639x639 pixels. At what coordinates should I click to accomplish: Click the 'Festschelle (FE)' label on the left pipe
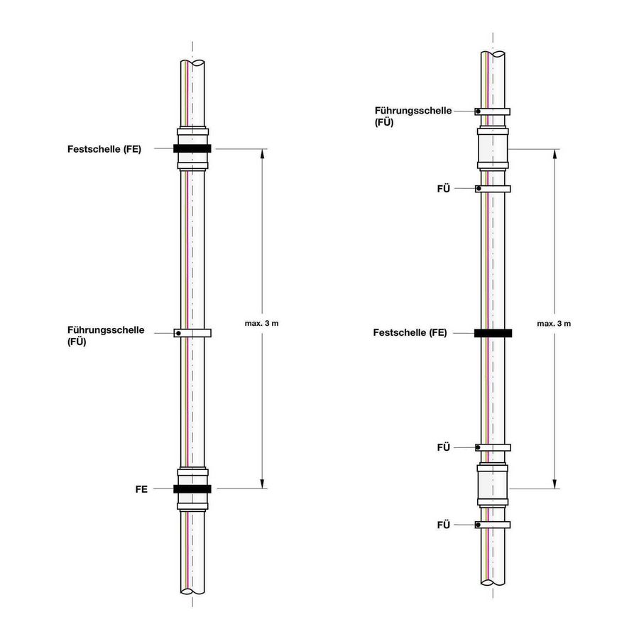click(x=104, y=149)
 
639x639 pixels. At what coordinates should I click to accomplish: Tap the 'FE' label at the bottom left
click(x=141, y=489)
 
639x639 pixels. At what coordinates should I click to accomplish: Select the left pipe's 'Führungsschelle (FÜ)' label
click(x=106, y=335)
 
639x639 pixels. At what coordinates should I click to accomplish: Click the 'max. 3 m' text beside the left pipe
click(x=266, y=324)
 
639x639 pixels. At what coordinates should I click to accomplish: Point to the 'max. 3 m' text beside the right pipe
click(x=554, y=324)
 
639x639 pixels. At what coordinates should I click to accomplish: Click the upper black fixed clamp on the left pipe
click(x=192, y=149)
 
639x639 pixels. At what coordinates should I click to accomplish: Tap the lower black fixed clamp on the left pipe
click(x=192, y=489)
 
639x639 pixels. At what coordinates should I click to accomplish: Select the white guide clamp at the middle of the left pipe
click(x=192, y=333)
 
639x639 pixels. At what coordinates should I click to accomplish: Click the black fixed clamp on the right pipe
click(x=493, y=333)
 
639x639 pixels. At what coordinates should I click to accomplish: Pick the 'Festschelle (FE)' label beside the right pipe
click(x=410, y=333)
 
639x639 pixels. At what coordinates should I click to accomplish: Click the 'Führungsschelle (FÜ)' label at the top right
click(x=413, y=116)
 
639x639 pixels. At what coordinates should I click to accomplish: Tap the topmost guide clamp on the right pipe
click(x=493, y=111)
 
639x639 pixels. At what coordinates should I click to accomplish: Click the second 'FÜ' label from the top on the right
click(x=444, y=189)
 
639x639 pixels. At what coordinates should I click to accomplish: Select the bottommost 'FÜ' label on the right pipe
click(x=444, y=525)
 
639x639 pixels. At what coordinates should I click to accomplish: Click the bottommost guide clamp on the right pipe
click(x=493, y=525)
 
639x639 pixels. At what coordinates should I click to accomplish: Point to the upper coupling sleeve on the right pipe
click(x=493, y=149)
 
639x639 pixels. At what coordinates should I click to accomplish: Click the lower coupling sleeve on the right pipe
click(x=493, y=486)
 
